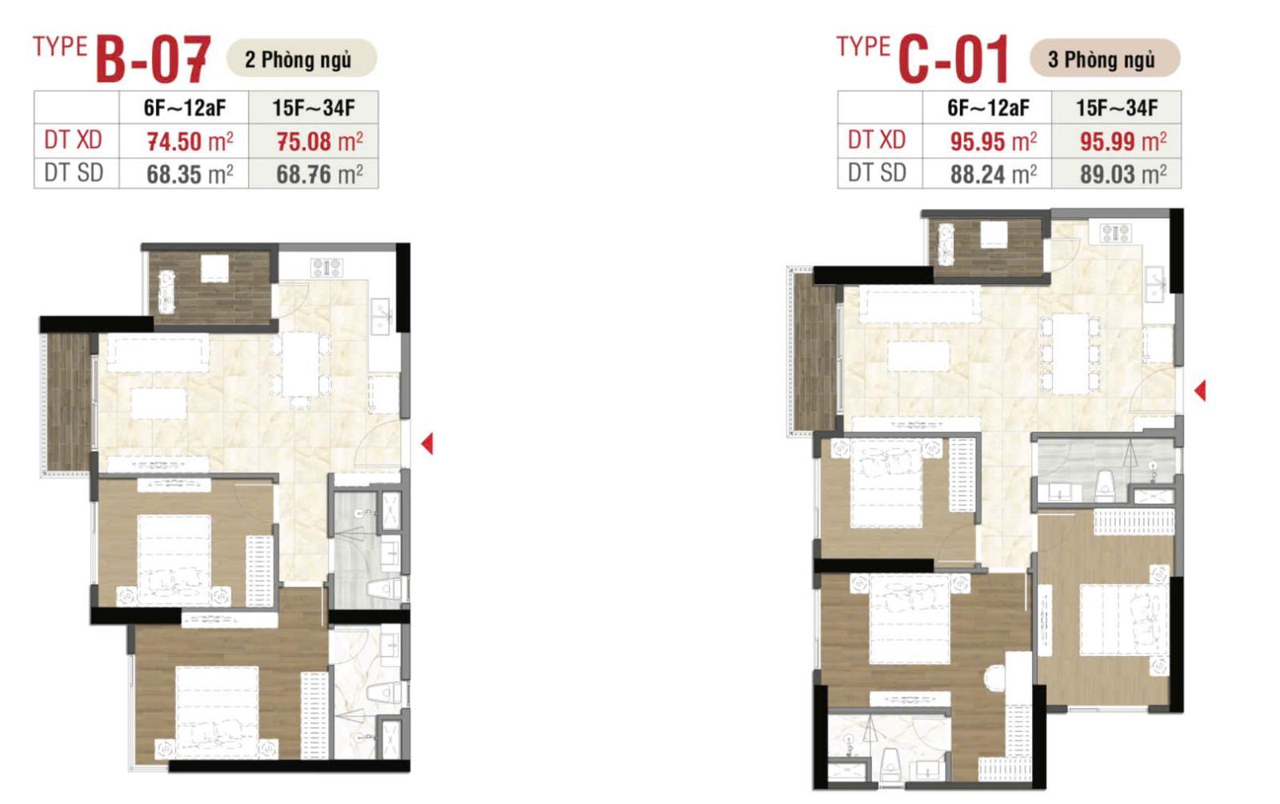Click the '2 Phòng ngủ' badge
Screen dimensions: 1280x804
pyautogui.click(x=302, y=58)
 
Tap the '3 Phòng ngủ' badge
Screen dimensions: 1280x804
pyautogui.click(x=1105, y=58)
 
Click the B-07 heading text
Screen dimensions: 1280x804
pyautogui.click(x=153, y=59)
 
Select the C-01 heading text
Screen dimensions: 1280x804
pyautogui.click(x=954, y=59)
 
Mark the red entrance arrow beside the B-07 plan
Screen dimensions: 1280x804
pyautogui.click(x=427, y=443)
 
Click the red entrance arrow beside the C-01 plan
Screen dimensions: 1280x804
pyautogui.click(x=1200, y=391)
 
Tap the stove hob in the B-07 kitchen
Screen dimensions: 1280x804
pyautogui.click(x=326, y=267)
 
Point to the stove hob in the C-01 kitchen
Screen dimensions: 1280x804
pyautogui.click(x=1115, y=233)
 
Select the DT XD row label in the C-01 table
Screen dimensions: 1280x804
pyautogui.click(x=877, y=140)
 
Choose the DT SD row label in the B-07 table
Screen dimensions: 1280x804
pyautogui.click(x=74, y=173)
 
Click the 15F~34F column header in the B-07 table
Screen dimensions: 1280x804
pyautogui.click(x=314, y=107)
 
